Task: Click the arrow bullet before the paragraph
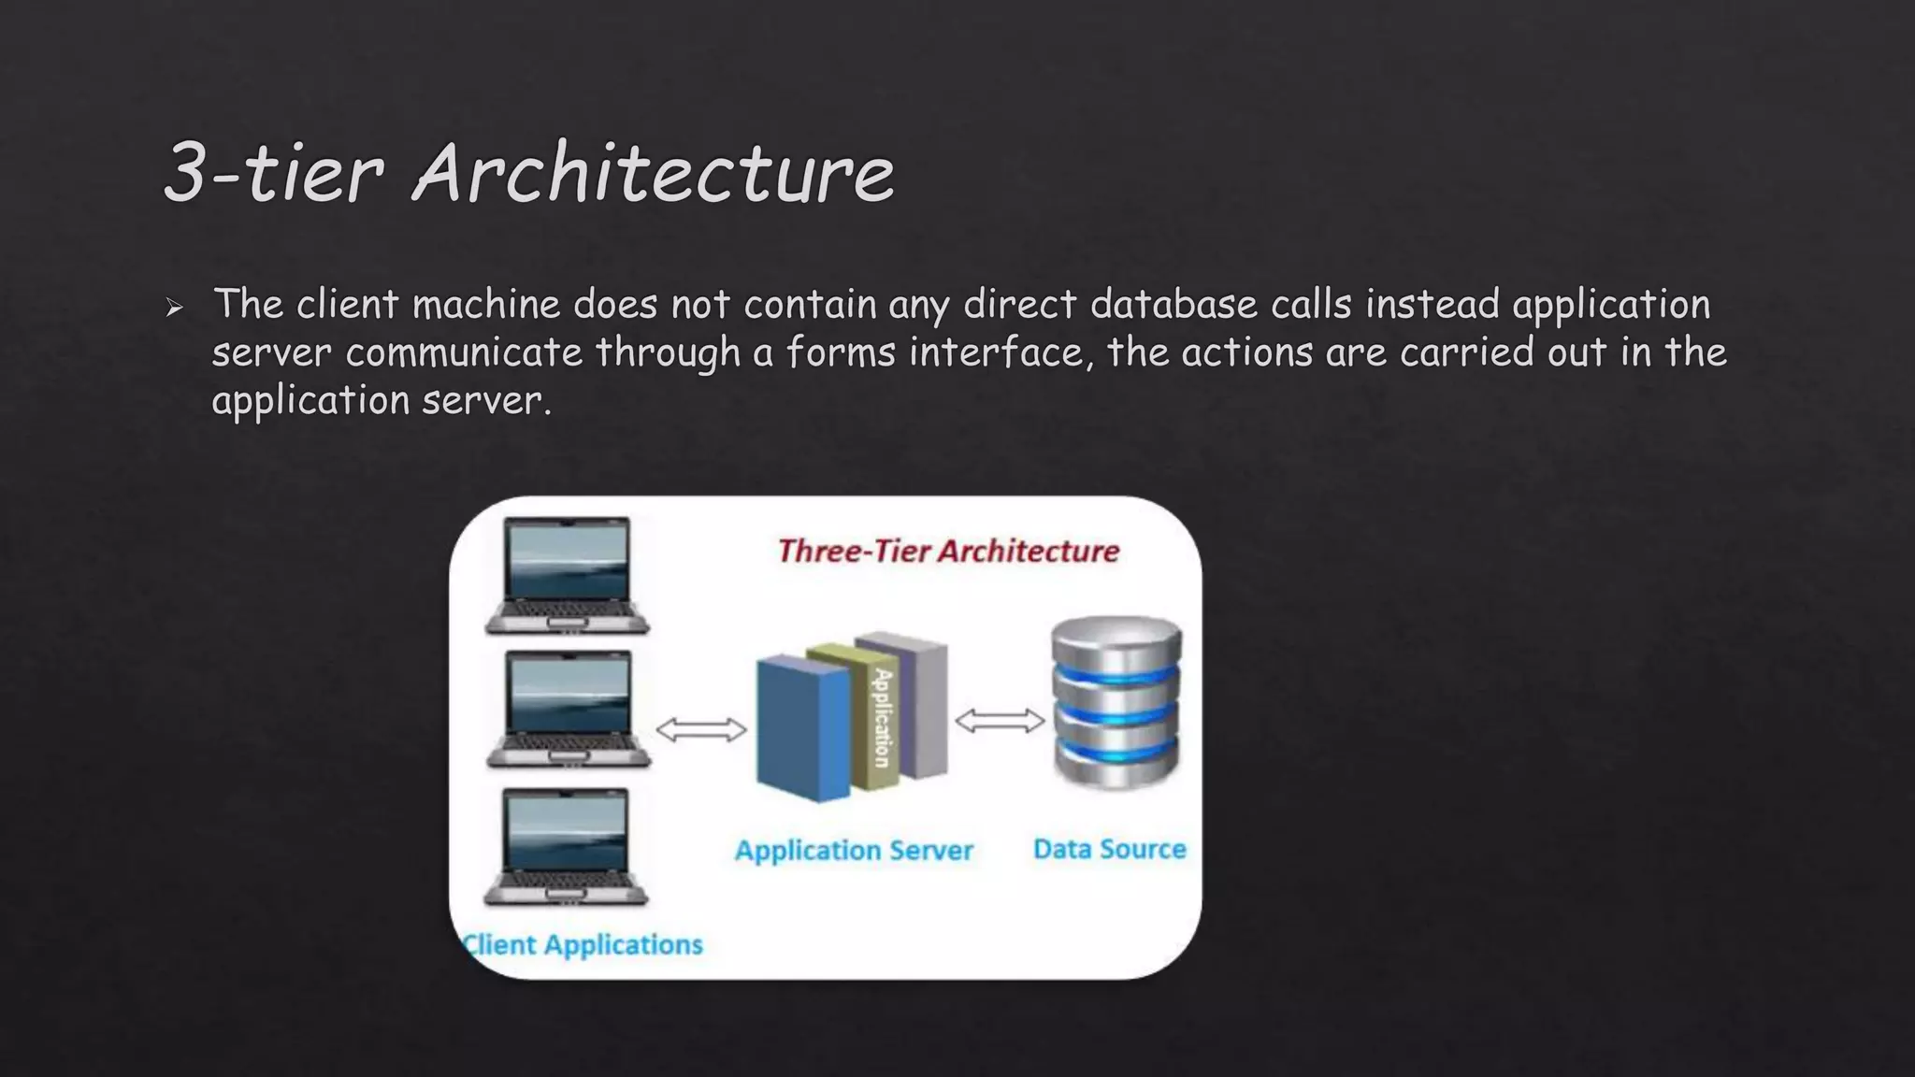tap(174, 307)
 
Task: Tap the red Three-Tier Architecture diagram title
tap(948, 551)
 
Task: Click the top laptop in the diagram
tap(568, 575)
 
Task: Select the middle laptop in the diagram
tap(568, 710)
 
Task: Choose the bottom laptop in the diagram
tap(566, 847)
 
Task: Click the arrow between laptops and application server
tap(701, 729)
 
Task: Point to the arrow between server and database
tap(1000, 721)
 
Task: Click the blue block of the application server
tap(801, 728)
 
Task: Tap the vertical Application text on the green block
tap(882, 717)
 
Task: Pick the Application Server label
tap(854, 850)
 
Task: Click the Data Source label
tap(1109, 849)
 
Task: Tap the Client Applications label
tap(583, 944)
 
